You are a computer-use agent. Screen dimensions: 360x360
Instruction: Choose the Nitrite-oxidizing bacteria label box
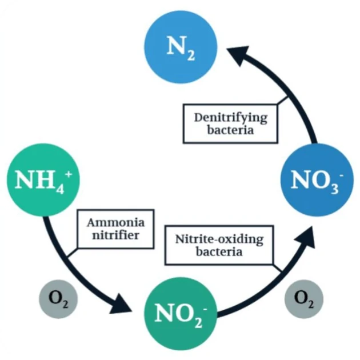pyautogui.click(x=220, y=245)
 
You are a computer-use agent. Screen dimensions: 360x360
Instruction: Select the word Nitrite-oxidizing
pyautogui.click(x=220, y=238)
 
